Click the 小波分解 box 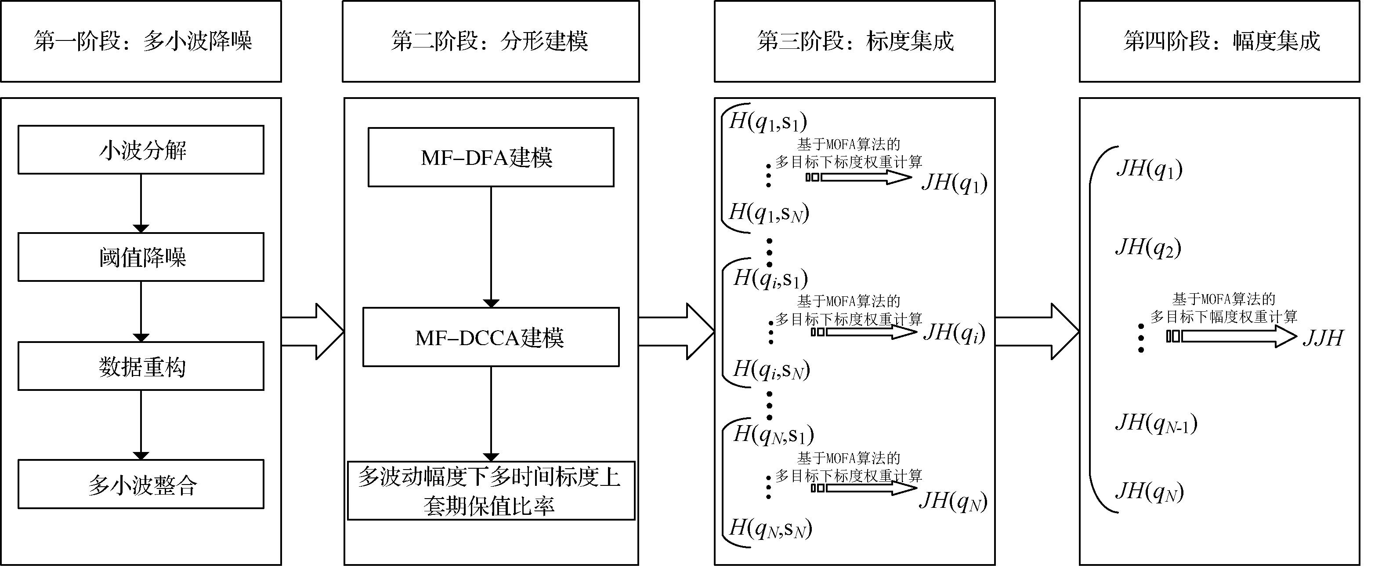tap(141, 150)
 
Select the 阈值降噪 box tap(141, 257)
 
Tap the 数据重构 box tap(141, 366)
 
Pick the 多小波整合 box tap(141, 484)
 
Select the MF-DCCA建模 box tap(491, 337)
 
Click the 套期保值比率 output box tap(491, 491)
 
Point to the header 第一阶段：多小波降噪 tap(141, 41)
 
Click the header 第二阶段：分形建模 tap(490, 41)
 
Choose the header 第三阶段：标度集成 tap(854, 41)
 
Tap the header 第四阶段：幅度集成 tap(1219, 41)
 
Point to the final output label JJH tap(1322, 338)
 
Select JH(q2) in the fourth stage tap(1148, 248)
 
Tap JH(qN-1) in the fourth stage tap(1156, 423)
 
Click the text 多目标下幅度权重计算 tap(1223, 317)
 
